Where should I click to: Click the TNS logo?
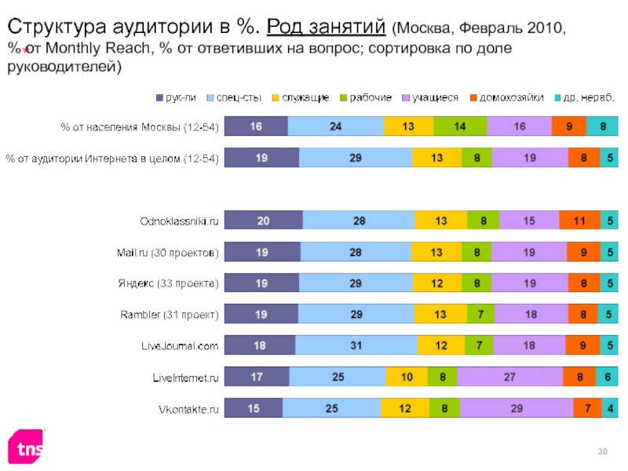pos(25,447)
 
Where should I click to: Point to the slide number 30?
pos(603,450)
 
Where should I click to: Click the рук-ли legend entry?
pos(176,98)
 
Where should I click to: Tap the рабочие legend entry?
pos(366,98)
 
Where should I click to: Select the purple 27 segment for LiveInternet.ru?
pos(509,378)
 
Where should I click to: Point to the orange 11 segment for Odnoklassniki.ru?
pos(579,221)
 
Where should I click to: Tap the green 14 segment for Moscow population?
pos(459,126)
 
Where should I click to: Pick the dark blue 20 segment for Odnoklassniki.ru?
pos(263,221)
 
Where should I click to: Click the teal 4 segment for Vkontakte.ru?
pos(610,409)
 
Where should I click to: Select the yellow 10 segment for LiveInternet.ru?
pos(407,378)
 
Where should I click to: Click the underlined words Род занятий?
pos(324,29)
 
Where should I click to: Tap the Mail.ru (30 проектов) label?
pos(163,252)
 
